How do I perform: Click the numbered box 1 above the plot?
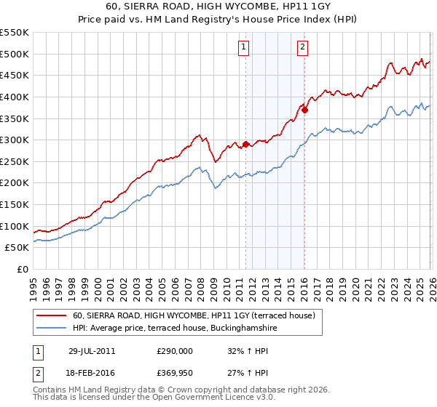coord(243,48)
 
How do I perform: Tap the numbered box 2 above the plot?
coord(302,48)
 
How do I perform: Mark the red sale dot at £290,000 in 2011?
coord(245,144)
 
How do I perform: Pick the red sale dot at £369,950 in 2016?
coord(304,110)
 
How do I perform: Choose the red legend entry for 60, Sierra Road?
coord(193,315)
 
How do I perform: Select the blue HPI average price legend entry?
coord(175,329)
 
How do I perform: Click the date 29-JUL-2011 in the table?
coord(92,350)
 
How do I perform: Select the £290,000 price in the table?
coord(175,350)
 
